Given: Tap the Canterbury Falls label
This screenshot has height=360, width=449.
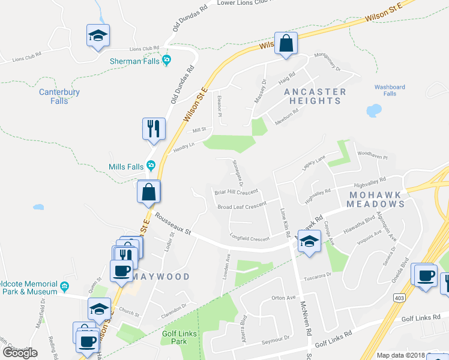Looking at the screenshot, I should click(59, 97).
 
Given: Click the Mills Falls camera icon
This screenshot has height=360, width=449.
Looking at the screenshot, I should click(151, 166).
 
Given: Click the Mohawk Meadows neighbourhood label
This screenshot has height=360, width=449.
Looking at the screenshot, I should click(376, 199).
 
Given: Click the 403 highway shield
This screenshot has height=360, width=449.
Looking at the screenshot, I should click(399, 297).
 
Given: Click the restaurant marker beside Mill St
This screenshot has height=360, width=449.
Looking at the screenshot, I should click(153, 128).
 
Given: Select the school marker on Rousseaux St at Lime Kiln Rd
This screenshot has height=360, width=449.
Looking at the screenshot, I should click(309, 242).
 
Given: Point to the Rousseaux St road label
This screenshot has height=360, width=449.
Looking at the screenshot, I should click(172, 223).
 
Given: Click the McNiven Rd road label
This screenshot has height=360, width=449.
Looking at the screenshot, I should click(306, 323).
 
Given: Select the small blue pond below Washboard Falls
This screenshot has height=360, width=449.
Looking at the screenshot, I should click(374, 111).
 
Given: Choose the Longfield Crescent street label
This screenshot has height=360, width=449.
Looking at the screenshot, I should click(250, 238).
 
